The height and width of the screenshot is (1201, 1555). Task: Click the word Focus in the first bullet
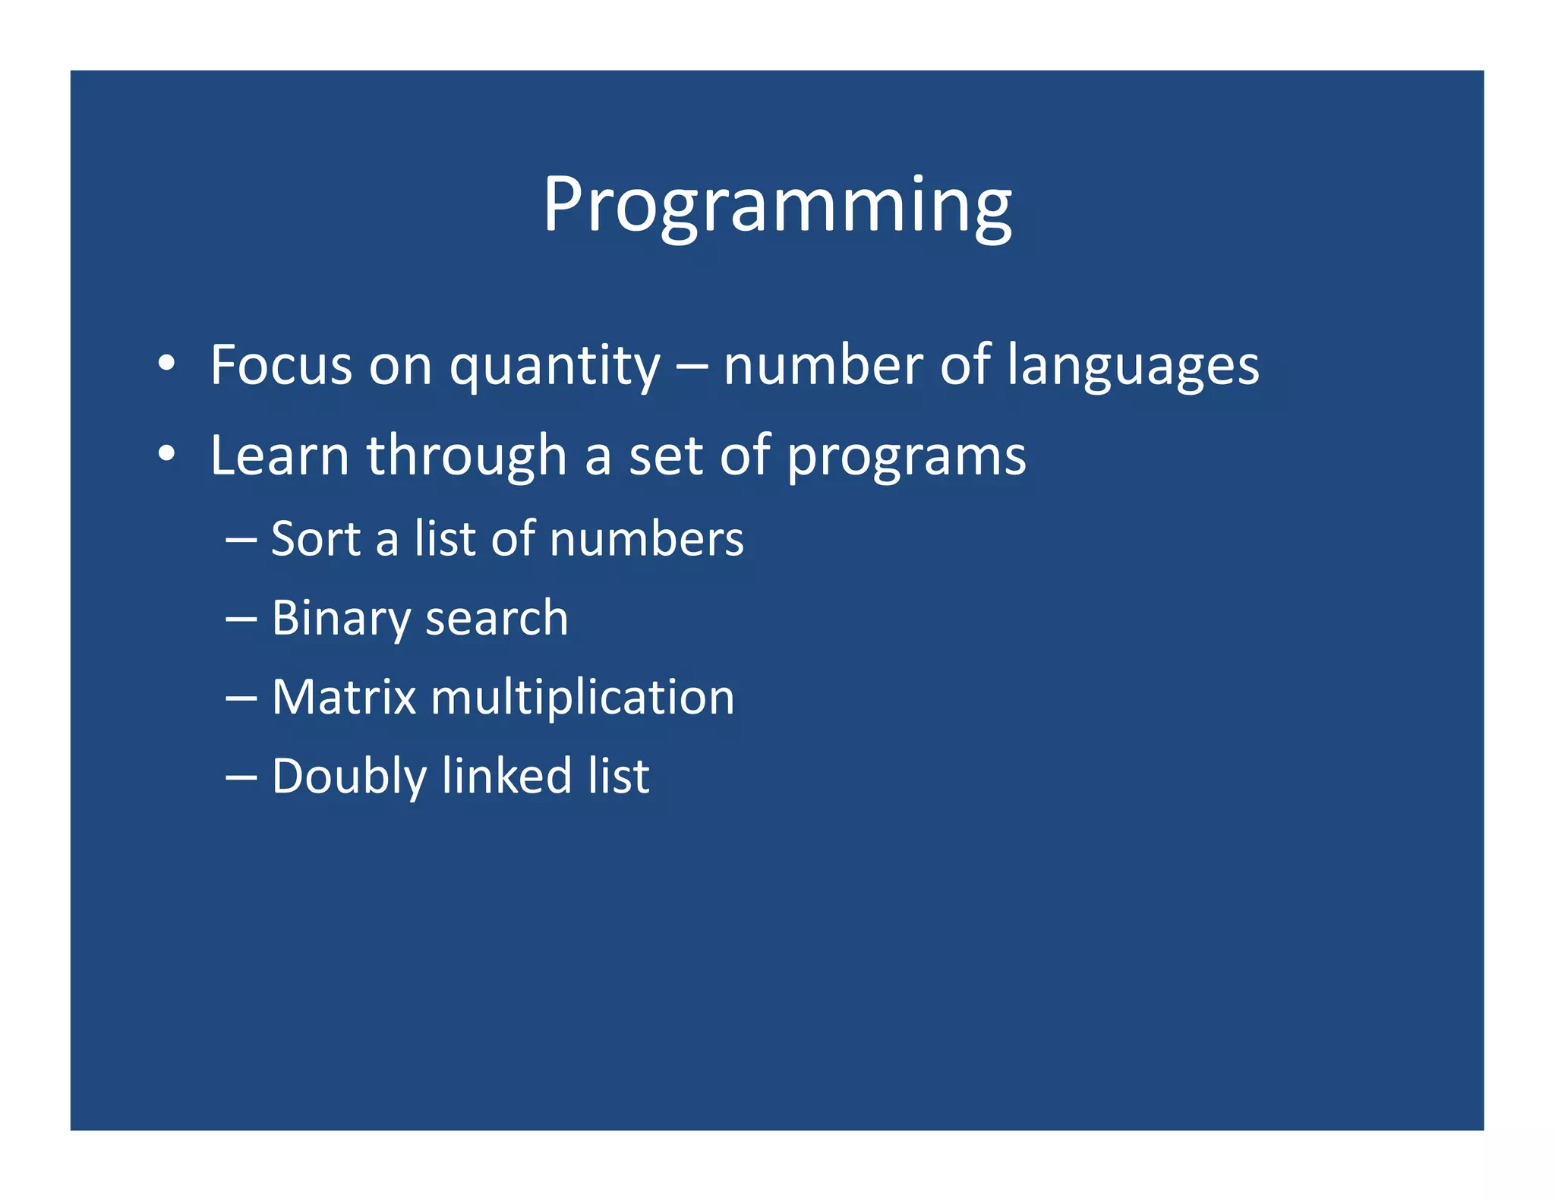280,365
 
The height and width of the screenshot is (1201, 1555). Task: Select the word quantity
554,367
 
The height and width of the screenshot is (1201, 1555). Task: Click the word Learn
279,455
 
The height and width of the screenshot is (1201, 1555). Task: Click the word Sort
315,539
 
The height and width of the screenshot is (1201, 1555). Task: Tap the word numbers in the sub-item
646,539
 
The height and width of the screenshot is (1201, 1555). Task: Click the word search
497,618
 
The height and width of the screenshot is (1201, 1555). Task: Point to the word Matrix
344,697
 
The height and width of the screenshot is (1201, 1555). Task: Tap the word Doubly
349,777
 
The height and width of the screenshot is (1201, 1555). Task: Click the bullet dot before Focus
167,364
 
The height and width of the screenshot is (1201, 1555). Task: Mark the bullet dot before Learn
167,454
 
